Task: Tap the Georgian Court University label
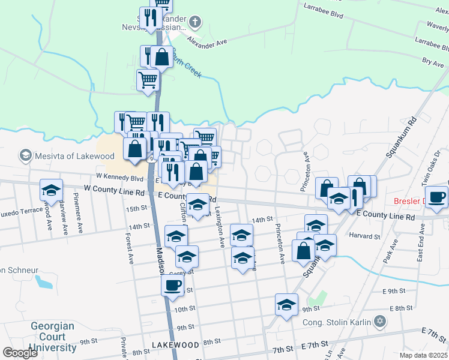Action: [x=52, y=337]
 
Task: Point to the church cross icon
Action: [x=194, y=23]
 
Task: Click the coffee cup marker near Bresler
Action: [x=436, y=197]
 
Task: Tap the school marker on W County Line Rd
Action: [x=52, y=190]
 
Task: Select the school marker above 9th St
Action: [x=287, y=304]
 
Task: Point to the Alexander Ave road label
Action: [x=207, y=42]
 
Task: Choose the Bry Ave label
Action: [x=432, y=61]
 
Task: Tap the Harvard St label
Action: [x=369, y=236]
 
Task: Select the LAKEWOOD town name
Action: [x=175, y=345]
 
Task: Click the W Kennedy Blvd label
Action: [x=119, y=178]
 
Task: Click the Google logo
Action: [x=20, y=353]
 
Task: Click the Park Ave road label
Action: [x=391, y=252]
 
